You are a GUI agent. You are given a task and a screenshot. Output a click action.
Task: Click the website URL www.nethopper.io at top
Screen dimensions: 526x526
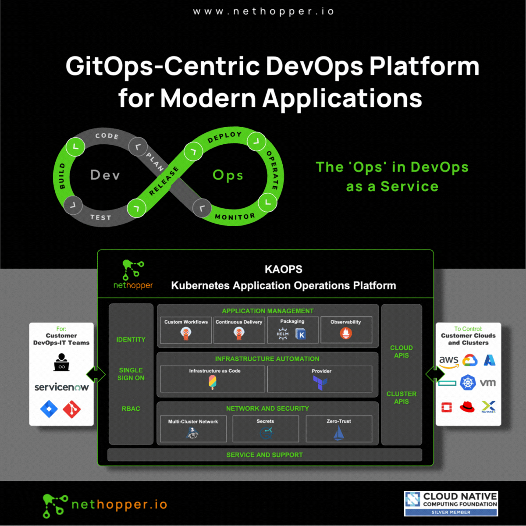coord(263,11)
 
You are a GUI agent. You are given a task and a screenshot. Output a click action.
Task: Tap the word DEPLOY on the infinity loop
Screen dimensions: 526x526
coord(225,137)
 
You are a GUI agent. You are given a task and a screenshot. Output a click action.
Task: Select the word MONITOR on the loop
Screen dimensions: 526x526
coord(235,217)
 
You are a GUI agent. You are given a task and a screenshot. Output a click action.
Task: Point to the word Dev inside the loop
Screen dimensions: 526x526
coord(105,175)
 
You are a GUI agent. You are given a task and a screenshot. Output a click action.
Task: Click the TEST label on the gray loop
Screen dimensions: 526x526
coord(101,217)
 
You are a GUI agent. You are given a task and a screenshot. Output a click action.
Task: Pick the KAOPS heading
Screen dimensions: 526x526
coord(283,270)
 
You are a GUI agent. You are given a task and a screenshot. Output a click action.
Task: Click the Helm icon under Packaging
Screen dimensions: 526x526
coord(283,334)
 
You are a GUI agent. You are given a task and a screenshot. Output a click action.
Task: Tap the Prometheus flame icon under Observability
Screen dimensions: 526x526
coord(346,333)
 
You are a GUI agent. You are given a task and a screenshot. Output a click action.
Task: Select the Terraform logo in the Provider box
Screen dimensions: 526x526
coord(320,383)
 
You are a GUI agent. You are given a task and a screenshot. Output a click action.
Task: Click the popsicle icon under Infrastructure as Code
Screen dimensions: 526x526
coord(212,382)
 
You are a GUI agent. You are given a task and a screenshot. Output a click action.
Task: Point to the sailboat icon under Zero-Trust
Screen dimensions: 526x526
coord(339,433)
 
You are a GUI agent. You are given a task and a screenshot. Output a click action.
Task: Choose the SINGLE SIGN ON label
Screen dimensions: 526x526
coord(131,374)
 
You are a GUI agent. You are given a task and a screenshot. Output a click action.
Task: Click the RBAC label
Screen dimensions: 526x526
coord(131,409)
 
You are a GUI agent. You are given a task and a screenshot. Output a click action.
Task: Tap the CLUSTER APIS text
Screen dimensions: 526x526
coord(401,398)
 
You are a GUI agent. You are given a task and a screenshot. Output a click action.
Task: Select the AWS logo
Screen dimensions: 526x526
coord(449,361)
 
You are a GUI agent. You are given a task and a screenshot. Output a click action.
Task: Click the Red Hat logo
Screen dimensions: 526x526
coord(467,407)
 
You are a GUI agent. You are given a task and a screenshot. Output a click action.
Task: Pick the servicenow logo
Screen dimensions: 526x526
coord(61,387)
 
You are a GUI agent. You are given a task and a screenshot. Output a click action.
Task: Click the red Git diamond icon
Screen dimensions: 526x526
coord(72,409)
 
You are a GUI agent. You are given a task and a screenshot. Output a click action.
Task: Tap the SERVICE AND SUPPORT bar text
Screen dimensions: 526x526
coord(264,455)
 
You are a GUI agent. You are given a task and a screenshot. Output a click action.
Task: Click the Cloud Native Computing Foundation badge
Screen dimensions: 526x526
coord(451,504)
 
